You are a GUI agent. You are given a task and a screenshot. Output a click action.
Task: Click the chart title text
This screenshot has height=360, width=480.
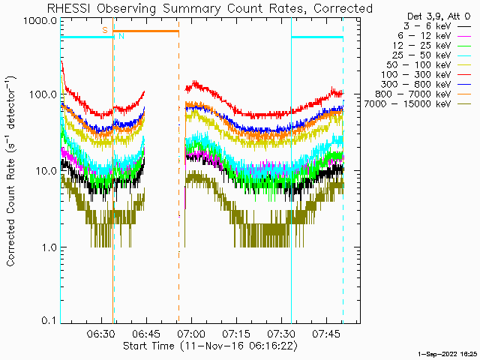click(x=210, y=8)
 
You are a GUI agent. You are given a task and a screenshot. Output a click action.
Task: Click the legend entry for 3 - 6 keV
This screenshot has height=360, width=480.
click(x=436, y=26)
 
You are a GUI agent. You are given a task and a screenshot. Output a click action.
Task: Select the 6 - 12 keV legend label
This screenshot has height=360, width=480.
click(x=434, y=36)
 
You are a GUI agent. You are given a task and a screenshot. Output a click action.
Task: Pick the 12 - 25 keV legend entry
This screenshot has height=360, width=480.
click(x=432, y=46)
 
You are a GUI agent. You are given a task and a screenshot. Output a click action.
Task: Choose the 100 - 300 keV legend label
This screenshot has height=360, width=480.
click(x=426, y=75)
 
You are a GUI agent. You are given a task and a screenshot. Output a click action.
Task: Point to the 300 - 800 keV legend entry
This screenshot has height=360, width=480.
click(x=426, y=85)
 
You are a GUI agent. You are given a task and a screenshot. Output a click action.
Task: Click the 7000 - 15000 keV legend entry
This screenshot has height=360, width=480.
click(x=417, y=104)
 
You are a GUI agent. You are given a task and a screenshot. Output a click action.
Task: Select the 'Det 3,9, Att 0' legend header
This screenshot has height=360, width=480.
click(x=438, y=16)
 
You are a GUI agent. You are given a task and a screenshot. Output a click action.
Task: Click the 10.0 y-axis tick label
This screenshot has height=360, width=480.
click(x=46, y=171)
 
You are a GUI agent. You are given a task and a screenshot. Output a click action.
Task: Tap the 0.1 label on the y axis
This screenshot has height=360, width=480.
click(x=49, y=320)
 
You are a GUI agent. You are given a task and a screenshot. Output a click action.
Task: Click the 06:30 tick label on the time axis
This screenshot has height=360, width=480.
click(x=101, y=333)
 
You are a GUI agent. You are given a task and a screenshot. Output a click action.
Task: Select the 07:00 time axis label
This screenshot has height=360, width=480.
click(x=192, y=333)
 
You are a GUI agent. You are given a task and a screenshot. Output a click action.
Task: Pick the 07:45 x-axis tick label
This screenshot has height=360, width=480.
click(x=327, y=333)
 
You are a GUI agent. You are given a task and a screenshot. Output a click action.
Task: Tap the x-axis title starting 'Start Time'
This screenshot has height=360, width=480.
click(x=210, y=346)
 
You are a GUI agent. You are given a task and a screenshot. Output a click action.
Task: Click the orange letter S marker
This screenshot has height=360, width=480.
click(x=105, y=30)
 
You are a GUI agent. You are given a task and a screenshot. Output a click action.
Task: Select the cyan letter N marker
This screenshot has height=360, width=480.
click(x=121, y=36)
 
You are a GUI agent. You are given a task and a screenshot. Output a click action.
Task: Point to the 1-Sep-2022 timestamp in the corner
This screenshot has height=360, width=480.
click(x=447, y=354)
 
